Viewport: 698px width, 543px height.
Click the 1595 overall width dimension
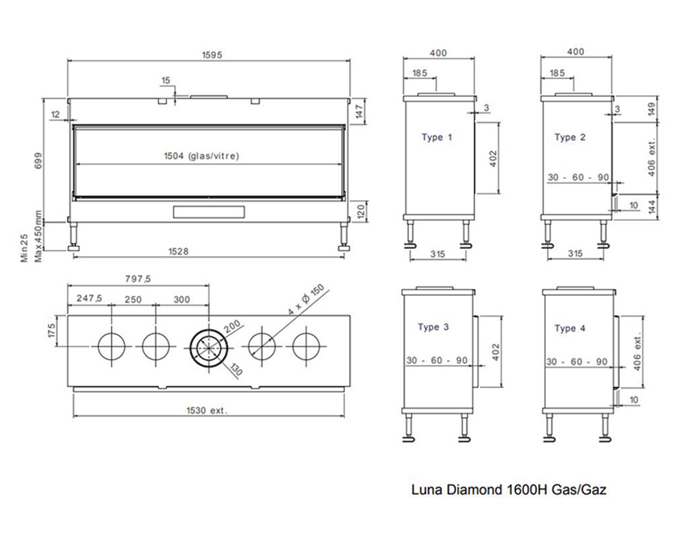[x=212, y=55]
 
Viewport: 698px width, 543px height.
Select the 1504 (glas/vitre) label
[x=201, y=156]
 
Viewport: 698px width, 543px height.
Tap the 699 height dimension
[x=38, y=161]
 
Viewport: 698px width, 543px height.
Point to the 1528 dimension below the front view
[x=178, y=251]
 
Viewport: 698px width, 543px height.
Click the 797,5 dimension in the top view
[x=138, y=279]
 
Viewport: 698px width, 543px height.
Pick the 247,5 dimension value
[x=89, y=298]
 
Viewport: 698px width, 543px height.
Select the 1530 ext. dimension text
[x=206, y=410]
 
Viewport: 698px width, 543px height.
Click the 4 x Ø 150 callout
[x=306, y=300]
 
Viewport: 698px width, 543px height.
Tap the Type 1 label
[x=437, y=137]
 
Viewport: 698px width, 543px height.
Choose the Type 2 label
[x=570, y=137]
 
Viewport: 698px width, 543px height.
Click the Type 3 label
[x=433, y=327]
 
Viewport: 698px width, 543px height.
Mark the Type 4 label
[x=570, y=328]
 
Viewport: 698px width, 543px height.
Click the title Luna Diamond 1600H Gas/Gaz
[x=509, y=490]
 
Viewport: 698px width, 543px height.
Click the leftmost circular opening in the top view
[x=111, y=346]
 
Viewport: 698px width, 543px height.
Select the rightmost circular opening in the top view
[x=306, y=346]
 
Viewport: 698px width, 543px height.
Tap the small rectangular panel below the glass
[x=209, y=212]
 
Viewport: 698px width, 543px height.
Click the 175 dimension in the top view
[x=52, y=331]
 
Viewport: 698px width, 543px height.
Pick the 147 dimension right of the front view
[x=360, y=111]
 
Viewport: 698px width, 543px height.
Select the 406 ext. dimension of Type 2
[x=651, y=157]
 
